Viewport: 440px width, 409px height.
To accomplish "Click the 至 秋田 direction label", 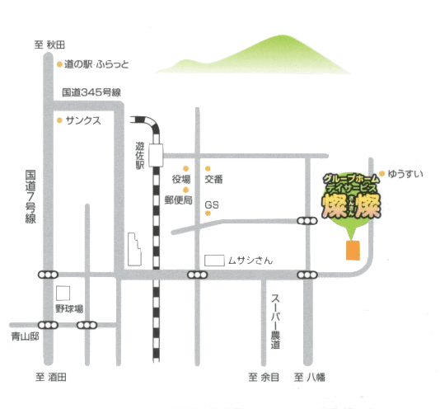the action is click(x=49, y=45).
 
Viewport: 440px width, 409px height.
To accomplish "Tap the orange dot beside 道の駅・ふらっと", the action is click(x=59, y=64).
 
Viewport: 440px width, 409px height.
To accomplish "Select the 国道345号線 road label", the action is click(x=91, y=92).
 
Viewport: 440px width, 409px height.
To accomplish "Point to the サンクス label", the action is click(x=83, y=120).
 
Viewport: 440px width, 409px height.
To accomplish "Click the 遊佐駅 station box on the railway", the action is click(x=156, y=155).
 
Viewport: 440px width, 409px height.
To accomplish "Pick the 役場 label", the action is click(x=181, y=179).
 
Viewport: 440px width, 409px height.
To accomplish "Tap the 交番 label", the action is click(x=213, y=179).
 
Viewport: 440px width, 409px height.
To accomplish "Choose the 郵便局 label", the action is click(x=178, y=200).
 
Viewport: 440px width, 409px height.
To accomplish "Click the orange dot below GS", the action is click(x=208, y=214).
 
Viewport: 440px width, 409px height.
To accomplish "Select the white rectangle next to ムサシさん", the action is click(x=214, y=261).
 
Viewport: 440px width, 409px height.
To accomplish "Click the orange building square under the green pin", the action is click(x=353, y=250).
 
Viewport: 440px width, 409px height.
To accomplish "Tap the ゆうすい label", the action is click(x=405, y=174).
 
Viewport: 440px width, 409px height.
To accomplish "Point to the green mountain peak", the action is click(x=282, y=36).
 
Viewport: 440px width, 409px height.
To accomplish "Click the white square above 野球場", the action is click(x=63, y=293).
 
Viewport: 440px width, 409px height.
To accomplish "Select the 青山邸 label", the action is click(x=25, y=336).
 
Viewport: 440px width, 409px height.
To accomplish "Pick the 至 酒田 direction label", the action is click(x=51, y=377).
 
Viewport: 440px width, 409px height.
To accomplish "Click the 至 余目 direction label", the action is click(x=264, y=377).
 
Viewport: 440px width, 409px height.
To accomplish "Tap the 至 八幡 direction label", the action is click(x=310, y=377).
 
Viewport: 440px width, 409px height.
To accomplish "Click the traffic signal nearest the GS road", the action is click(x=307, y=221).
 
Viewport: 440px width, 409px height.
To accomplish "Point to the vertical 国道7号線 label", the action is click(x=30, y=196).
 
